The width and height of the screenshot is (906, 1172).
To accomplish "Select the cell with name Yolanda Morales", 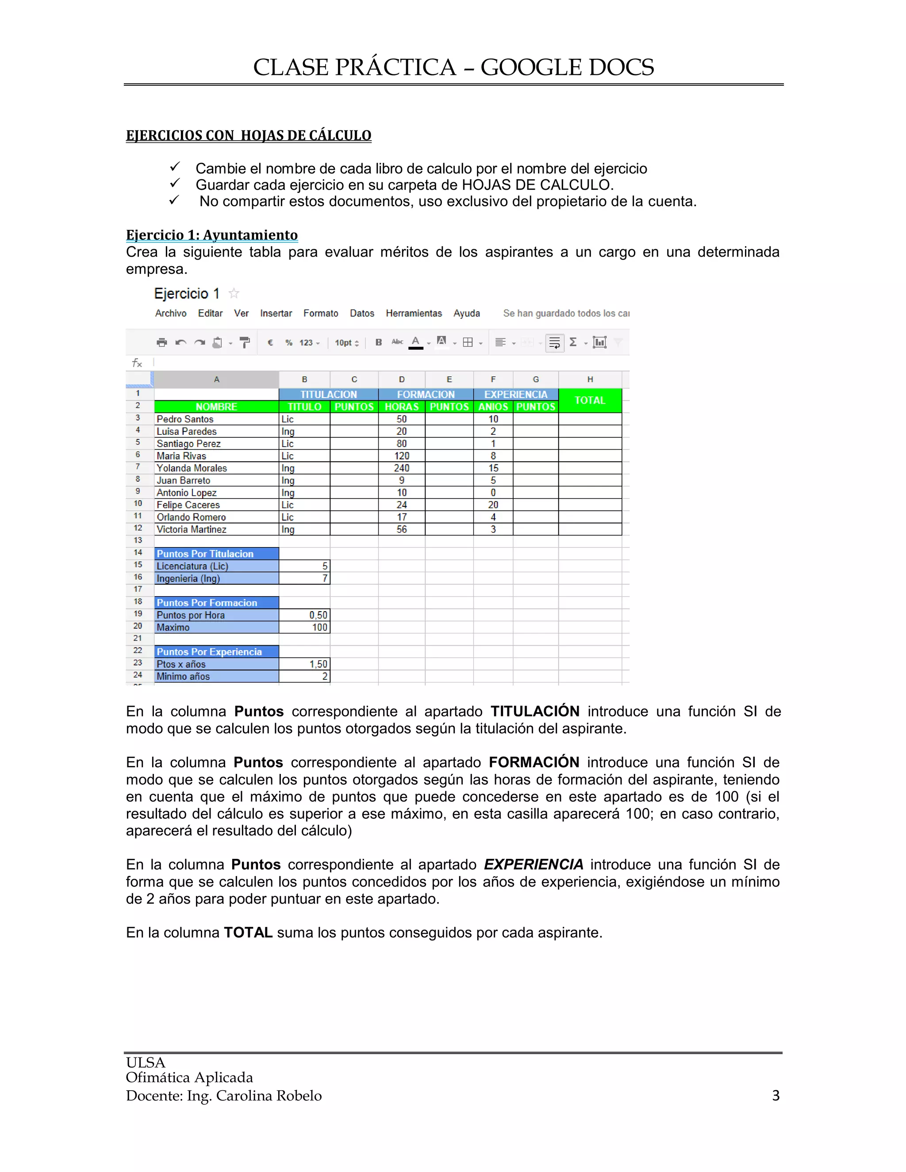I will click(x=192, y=468).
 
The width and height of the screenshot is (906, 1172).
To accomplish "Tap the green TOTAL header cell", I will click(x=589, y=400).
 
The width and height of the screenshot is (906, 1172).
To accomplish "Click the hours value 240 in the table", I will click(x=402, y=468).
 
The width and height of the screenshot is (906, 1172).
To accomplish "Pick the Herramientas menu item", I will click(x=413, y=314).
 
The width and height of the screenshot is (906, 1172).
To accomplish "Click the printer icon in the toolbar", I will click(x=161, y=342).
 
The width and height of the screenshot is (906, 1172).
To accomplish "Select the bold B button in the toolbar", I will click(x=378, y=342).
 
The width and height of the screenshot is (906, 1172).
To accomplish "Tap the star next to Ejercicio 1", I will click(x=234, y=294).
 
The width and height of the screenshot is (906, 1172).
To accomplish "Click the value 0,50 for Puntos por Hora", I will click(x=318, y=615).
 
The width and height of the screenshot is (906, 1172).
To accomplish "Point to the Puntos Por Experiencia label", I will click(x=209, y=651).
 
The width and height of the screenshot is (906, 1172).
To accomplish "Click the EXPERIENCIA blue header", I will click(x=515, y=394).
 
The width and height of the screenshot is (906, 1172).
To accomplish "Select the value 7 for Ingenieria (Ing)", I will click(x=324, y=578).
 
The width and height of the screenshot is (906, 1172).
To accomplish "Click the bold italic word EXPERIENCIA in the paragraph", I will click(x=533, y=865).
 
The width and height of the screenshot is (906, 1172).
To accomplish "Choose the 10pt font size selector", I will click(x=346, y=342).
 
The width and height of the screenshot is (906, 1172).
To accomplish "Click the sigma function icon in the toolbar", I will click(x=573, y=342).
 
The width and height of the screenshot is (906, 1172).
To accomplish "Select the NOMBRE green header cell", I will click(x=216, y=407).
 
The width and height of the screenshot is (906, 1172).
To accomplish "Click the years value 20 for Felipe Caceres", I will click(x=493, y=505).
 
